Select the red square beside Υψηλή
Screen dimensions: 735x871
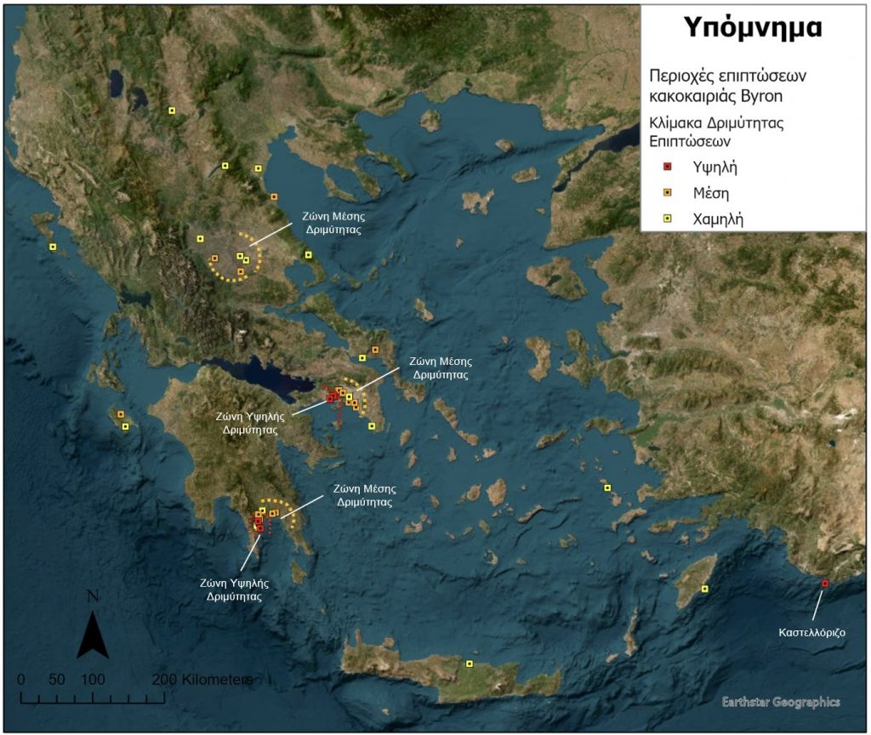pos(668,166)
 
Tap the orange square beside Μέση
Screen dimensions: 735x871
pos(668,192)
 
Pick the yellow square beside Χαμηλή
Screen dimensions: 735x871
pos(668,219)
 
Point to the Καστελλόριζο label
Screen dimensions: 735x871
pos(812,633)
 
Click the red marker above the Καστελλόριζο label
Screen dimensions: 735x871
pos(824,583)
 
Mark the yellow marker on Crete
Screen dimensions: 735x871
pos(469,664)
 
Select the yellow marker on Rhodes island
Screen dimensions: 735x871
pos(703,589)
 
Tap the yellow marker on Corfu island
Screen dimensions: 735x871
pos(53,247)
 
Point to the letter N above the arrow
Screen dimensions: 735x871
pos(93,595)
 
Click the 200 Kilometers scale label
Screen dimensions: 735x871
pos(204,680)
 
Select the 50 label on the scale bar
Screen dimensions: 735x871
pos(56,680)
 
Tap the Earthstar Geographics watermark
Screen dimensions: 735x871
pos(780,702)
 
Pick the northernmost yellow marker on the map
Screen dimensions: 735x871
pos(172,110)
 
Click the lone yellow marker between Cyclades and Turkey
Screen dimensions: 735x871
pos(606,487)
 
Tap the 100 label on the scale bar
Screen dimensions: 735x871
pos(93,680)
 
